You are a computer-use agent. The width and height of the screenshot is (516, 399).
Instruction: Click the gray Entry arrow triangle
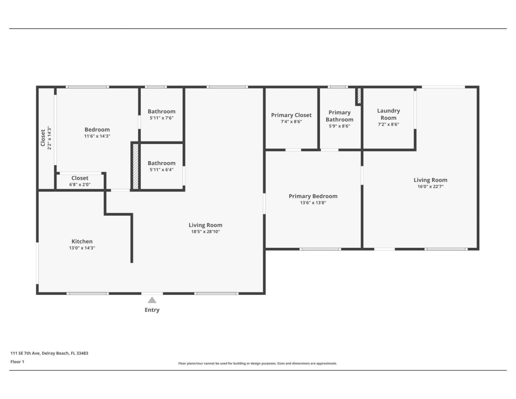tap(152, 300)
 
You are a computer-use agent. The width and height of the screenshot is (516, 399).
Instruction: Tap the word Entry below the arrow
tap(152, 310)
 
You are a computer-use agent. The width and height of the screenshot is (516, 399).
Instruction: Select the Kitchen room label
tap(82, 241)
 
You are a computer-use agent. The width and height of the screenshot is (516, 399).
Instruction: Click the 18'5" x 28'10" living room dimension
tap(205, 231)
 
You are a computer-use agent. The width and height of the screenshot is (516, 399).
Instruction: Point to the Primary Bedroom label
tap(313, 196)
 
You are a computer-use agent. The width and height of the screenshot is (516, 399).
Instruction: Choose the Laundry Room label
tap(388, 114)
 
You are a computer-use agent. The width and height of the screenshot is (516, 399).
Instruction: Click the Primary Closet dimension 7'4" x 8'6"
tap(291, 122)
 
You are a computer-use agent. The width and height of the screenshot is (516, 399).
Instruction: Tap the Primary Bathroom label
tap(339, 116)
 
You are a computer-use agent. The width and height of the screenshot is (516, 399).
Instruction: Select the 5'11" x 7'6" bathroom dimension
tap(162, 118)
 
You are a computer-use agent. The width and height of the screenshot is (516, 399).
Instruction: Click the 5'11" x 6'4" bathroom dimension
tap(162, 170)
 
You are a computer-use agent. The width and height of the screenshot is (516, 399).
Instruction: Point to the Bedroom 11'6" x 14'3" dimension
tap(97, 136)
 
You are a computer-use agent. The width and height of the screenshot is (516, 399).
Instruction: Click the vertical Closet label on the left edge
tap(43, 138)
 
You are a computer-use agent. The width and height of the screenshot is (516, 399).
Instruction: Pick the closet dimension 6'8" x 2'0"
tap(80, 184)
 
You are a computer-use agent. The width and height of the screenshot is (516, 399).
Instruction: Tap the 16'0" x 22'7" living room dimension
tap(430, 187)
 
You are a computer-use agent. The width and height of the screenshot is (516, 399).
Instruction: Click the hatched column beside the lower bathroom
tap(136, 166)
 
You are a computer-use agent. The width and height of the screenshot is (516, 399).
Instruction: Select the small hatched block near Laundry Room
tap(359, 96)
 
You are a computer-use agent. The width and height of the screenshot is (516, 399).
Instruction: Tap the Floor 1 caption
tap(17, 362)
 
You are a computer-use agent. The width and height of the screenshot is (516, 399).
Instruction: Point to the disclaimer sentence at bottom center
tap(257, 364)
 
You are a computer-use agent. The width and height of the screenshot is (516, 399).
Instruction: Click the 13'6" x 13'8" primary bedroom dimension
tap(313, 203)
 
